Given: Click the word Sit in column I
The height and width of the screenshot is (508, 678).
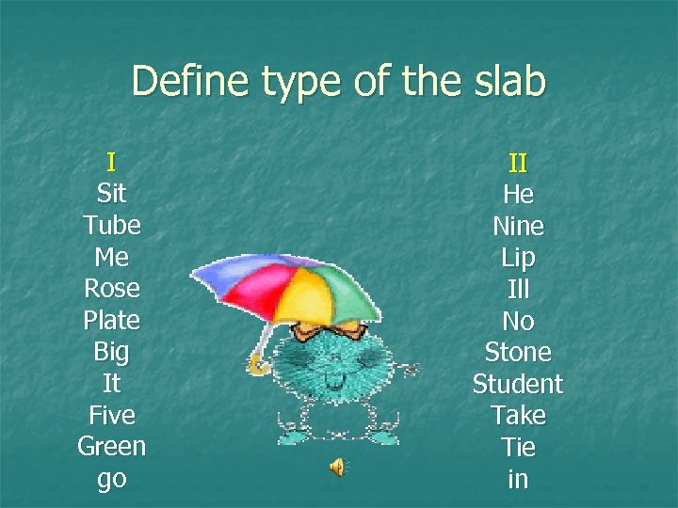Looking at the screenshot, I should (x=111, y=194).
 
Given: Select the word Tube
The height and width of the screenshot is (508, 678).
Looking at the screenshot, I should (x=111, y=226).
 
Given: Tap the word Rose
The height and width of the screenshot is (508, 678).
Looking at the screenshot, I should (x=111, y=289).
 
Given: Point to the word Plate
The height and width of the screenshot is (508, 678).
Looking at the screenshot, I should (x=111, y=321).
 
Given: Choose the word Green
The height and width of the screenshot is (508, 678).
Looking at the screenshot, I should (x=111, y=446).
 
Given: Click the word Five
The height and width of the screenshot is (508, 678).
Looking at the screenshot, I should (x=111, y=415).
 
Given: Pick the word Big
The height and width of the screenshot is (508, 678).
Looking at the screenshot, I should (x=111, y=353).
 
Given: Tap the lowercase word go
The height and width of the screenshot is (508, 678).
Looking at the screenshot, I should (x=111, y=479).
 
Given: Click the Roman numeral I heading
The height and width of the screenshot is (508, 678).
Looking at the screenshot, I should (x=111, y=162).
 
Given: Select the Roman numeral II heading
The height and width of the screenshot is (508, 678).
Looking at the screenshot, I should (x=518, y=163).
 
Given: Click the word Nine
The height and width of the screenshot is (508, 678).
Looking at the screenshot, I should (x=518, y=226).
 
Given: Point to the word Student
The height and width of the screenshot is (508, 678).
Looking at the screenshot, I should (x=518, y=384).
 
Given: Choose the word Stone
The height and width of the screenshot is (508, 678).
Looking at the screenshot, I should (x=518, y=352).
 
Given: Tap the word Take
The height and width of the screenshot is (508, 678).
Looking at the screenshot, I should (x=518, y=415).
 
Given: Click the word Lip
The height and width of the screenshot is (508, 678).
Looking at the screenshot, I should (x=518, y=258).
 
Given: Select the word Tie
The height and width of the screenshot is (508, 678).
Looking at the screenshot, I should (x=518, y=447).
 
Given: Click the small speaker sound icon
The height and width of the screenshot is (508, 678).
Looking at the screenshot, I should (x=336, y=468).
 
